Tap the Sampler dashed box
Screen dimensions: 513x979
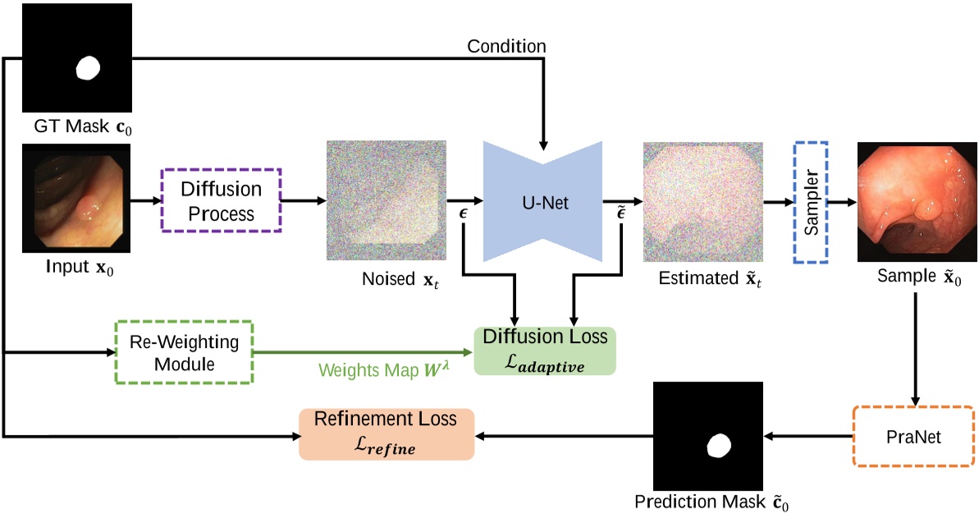coord(811,202)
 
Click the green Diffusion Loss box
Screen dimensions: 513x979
coord(544,351)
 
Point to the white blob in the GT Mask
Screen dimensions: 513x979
coord(87,68)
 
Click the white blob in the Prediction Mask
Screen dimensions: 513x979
coord(719,446)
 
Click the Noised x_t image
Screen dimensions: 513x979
coord(387,200)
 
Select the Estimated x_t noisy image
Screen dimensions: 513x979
coord(702,202)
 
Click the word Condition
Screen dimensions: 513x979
coord(506,46)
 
